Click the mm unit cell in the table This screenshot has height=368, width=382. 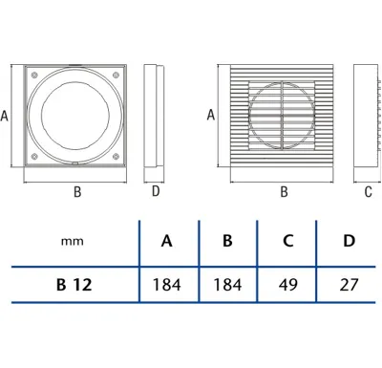(71, 244)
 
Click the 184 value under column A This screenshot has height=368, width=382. (166, 284)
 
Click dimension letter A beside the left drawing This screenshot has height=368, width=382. (6, 116)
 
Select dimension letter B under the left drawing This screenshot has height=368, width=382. (77, 191)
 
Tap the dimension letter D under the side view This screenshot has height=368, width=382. (156, 191)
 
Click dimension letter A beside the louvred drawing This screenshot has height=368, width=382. (210, 115)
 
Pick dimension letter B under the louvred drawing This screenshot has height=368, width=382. (284, 191)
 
